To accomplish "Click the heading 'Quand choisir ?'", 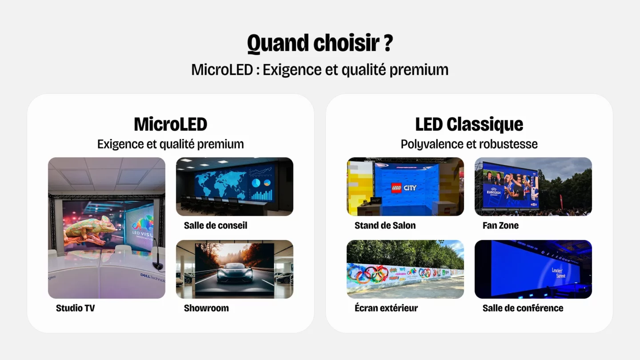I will pyautogui.click(x=320, y=43).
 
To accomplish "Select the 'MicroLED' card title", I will pyautogui.click(x=170, y=124).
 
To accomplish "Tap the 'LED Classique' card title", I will pyautogui.click(x=469, y=124).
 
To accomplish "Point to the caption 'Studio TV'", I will pyautogui.click(x=75, y=308).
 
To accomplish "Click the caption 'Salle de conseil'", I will pyautogui.click(x=216, y=225).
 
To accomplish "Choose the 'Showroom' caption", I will pyautogui.click(x=206, y=308).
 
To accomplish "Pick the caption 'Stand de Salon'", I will pyautogui.click(x=385, y=225).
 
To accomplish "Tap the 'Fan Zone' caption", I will pyautogui.click(x=500, y=225).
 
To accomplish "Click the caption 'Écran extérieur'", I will pyautogui.click(x=386, y=308).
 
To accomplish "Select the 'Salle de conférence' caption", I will pyautogui.click(x=523, y=308).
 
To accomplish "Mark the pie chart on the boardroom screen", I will pyautogui.click(x=256, y=183).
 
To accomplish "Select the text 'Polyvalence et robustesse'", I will pyautogui.click(x=469, y=144).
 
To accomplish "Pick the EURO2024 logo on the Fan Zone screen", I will pyautogui.click(x=495, y=188).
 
